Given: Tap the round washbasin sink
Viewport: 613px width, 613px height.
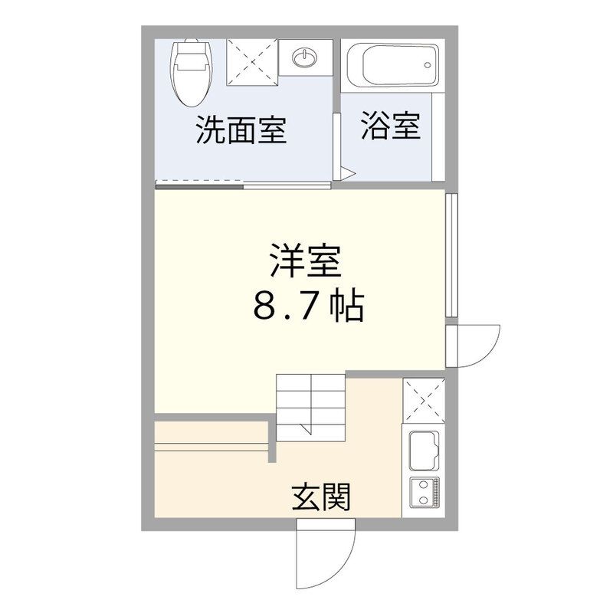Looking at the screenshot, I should (305, 57).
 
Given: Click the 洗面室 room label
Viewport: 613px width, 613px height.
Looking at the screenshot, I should (241, 130).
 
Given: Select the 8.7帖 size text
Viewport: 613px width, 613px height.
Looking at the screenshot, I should (306, 307).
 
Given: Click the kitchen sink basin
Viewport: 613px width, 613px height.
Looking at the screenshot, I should (422, 450).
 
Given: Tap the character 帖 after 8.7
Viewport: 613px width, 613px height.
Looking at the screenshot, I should (346, 307).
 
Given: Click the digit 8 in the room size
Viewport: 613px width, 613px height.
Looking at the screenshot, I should (263, 307).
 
